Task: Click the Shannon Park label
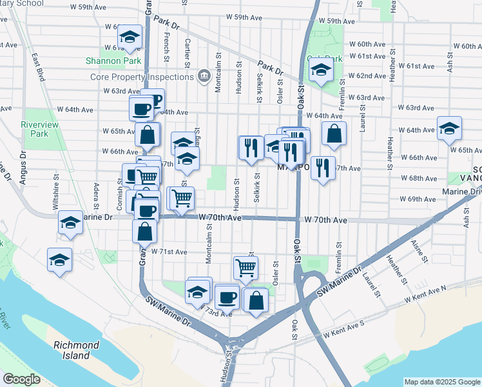tap(104, 61)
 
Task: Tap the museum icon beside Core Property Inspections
tap(204, 77)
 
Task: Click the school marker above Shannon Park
tap(130, 38)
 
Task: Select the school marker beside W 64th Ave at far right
tap(449, 128)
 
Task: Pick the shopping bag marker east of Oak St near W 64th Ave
tap(334, 134)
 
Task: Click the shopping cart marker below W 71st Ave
tap(246, 266)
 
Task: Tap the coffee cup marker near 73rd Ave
tap(227, 297)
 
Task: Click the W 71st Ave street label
tap(169, 252)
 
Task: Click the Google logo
tap(22, 379)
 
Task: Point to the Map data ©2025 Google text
tap(441, 382)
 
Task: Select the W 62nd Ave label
tap(367, 76)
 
